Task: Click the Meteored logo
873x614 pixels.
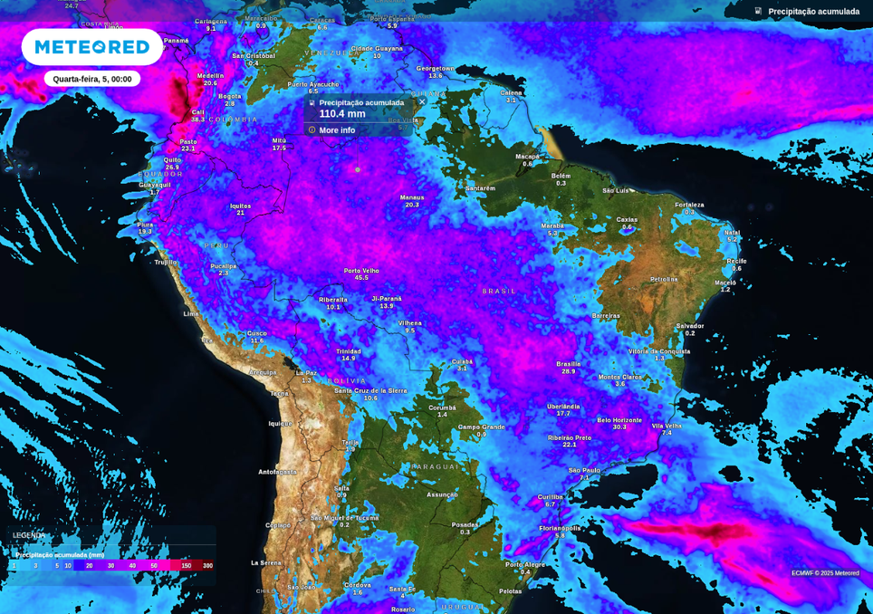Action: [91, 47]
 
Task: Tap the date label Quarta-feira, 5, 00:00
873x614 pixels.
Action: [91, 79]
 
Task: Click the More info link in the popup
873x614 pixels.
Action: [336, 130]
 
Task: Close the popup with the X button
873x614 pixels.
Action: [422, 101]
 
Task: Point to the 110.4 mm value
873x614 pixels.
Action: [342, 114]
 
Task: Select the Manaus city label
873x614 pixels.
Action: [412, 197]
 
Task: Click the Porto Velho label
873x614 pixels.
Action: [361, 271]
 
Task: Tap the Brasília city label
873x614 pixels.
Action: [569, 364]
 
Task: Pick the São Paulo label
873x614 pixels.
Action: [584, 470]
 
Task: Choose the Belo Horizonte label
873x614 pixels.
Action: [619, 420]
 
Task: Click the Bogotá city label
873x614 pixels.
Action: [230, 96]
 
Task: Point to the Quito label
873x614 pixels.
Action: [172, 159]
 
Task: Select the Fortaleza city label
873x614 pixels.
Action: [689, 205]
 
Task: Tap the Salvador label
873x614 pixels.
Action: [690, 326]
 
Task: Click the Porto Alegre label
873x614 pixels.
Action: [525, 564]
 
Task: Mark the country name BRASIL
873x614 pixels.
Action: [499, 292]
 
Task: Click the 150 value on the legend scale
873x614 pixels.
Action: [186, 566]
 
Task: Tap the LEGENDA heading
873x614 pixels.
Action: [29, 535]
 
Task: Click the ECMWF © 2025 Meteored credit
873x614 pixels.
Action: [825, 573]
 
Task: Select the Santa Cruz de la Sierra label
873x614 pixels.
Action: [370, 391]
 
